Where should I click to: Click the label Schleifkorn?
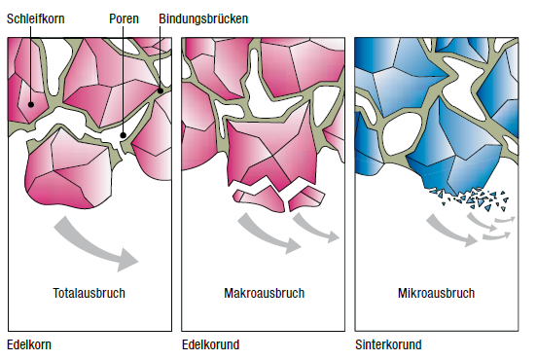point(36,18)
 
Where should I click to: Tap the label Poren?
point(124,18)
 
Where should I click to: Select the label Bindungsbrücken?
point(203,18)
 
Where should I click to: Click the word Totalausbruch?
point(89,293)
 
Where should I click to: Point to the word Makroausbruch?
point(265,293)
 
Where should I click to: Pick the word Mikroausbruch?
point(436,293)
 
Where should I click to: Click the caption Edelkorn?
point(29,344)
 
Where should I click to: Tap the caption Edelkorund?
point(211,344)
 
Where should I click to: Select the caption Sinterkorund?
point(388,344)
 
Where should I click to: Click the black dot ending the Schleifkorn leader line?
point(31,104)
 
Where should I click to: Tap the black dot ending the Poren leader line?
point(123,135)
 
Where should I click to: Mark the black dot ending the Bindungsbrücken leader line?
point(161,90)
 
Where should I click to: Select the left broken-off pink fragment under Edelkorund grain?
point(261,198)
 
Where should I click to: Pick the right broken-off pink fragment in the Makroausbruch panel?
point(305,198)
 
